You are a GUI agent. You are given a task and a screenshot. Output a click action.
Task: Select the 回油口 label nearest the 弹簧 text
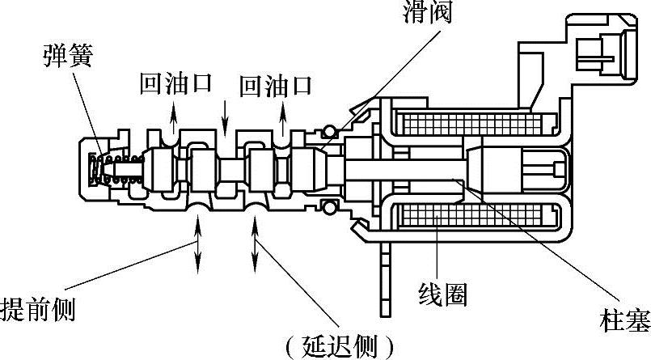pos(175,84)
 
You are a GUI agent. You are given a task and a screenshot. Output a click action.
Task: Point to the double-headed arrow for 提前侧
pos(197,245)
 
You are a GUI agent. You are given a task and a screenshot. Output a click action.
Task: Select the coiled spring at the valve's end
pos(112,168)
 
